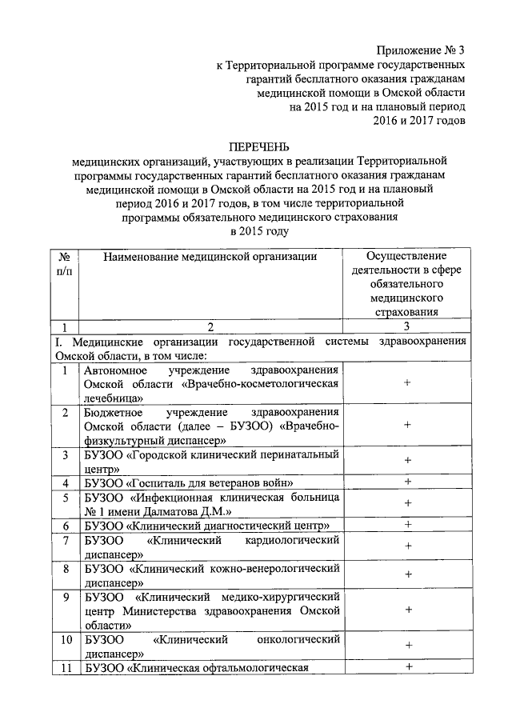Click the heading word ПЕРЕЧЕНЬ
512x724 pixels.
pos(258,147)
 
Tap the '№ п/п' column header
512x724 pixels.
pos(64,266)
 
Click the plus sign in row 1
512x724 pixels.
pos(408,383)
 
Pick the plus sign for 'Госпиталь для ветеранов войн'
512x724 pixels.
pos(408,482)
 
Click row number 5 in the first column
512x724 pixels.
pos(65,497)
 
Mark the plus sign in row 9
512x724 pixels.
pos(408,610)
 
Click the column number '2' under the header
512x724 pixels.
pos(210,326)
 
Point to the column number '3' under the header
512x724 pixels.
pos(407,326)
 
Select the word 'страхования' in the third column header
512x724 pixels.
pos(407,312)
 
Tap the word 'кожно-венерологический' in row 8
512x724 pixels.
pos(275,568)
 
